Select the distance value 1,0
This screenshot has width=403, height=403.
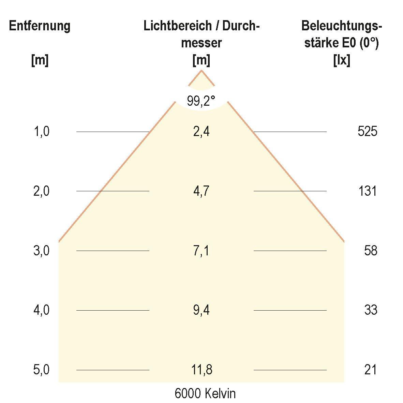pos(41,131)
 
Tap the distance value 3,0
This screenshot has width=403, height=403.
pos(41,251)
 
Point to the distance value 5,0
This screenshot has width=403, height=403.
pos(41,370)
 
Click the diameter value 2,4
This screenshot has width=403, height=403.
pos(201,131)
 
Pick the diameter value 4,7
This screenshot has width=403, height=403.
pos(201,191)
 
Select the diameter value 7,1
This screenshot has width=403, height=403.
pos(201,251)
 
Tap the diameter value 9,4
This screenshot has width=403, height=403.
pos(201,310)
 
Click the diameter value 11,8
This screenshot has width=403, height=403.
pos(201,370)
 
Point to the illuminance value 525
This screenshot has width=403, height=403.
pos(368,131)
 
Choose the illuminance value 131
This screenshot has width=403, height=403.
pos(368,191)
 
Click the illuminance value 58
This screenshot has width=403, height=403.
pos(371,251)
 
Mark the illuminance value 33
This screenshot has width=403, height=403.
pos(371,310)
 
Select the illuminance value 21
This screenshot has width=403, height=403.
pos(371,370)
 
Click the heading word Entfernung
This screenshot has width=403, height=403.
pos(40,26)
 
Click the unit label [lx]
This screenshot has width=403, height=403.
pos(341,61)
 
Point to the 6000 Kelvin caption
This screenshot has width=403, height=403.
pos(205,394)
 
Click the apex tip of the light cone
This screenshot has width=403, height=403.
pos(201,71)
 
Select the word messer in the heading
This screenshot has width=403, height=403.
pos(201,43)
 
